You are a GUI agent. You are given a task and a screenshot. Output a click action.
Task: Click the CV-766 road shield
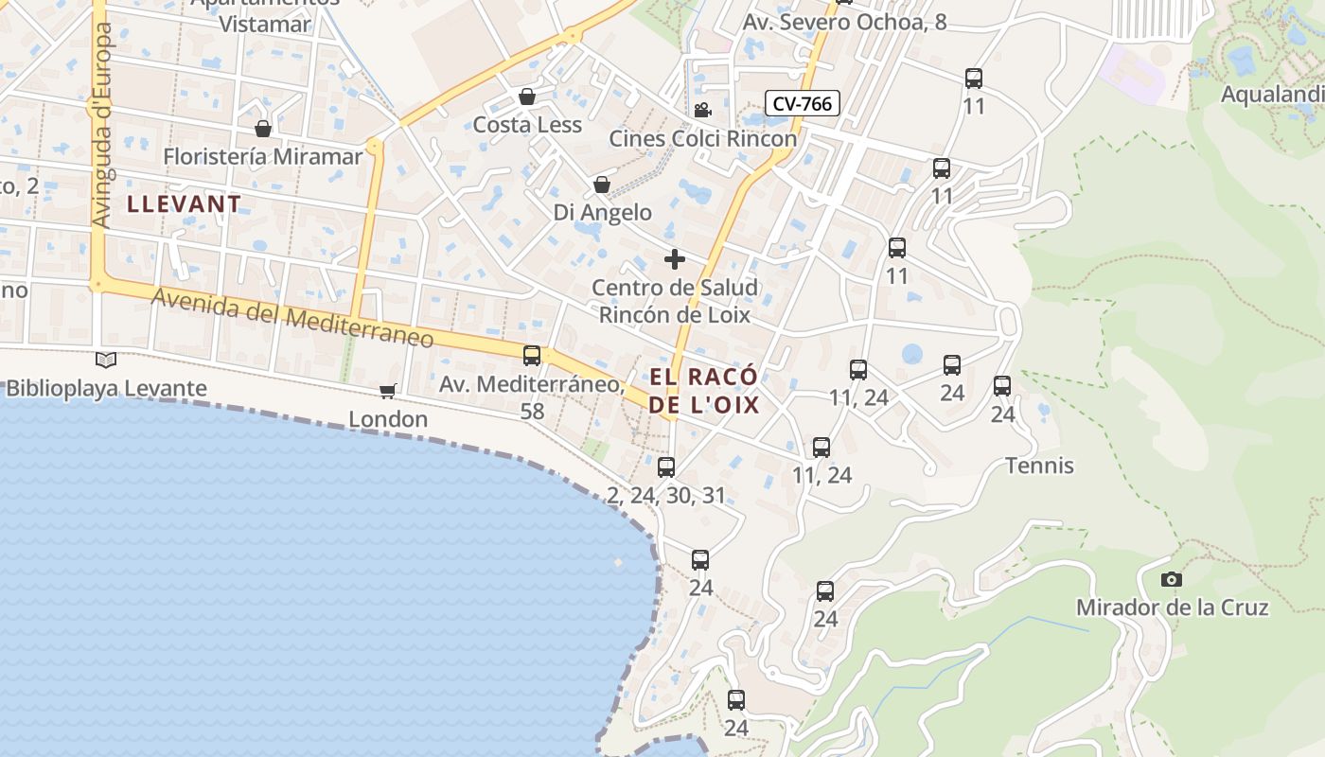coord(802,103)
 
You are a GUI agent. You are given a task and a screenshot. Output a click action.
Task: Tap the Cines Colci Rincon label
coord(702,138)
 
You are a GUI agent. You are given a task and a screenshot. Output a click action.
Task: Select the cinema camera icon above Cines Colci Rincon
coord(702,111)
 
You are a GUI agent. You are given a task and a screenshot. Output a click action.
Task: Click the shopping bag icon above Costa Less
coord(527,97)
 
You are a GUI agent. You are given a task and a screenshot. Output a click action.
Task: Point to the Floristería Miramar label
coord(263,156)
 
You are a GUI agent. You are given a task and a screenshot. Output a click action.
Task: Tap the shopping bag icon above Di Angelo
coord(602,185)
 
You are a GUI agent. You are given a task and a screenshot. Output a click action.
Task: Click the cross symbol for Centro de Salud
coord(675,258)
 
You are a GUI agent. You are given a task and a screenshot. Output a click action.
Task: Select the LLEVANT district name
coord(185,203)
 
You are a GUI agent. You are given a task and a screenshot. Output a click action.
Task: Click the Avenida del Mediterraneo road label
coord(292,318)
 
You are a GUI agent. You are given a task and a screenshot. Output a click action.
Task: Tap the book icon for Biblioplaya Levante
coord(106,360)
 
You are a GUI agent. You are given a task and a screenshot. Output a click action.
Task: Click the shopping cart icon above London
coord(387,391)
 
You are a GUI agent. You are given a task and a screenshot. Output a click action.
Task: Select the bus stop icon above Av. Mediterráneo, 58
coord(532,356)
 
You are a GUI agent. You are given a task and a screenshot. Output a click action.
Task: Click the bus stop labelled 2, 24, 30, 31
coord(666,467)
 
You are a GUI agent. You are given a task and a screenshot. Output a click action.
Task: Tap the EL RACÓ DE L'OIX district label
coord(704,391)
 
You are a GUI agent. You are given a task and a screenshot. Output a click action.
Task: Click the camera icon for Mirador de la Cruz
coord(1172,579)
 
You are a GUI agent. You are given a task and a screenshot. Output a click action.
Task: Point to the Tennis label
coord(1039,466)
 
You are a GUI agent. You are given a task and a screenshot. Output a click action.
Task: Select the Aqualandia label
coord(1272,95)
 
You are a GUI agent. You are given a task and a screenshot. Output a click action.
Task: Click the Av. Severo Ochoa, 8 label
coord(844,22)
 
